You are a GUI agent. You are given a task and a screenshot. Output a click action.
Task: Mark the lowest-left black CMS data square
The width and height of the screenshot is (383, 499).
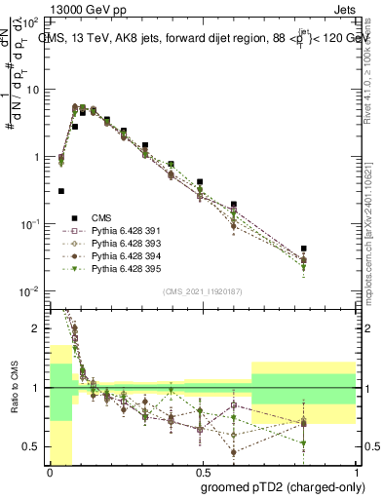[61, 191]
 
